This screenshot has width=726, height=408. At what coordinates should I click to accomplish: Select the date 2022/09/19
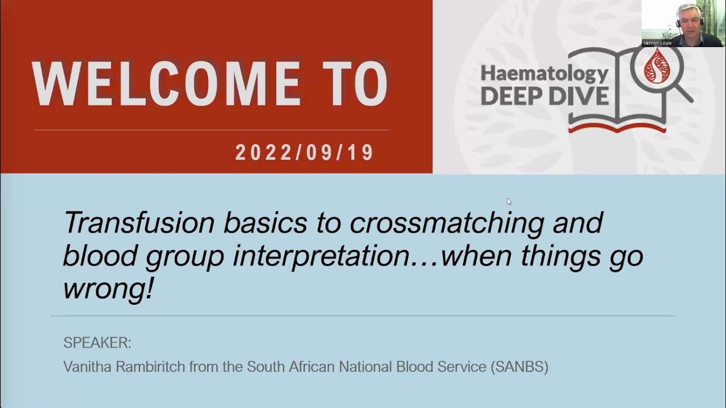[305, 153]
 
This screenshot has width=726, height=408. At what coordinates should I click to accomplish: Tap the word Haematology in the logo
[544, 74]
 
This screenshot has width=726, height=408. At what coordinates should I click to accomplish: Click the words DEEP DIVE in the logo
[544, 95]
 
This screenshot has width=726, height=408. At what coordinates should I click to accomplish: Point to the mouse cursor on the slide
[509, 201]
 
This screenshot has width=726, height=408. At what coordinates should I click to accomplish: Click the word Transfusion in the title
[139, 223]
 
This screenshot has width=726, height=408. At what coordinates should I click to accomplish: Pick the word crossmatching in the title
[447, 224]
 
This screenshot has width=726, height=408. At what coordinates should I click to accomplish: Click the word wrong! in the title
[108, 288]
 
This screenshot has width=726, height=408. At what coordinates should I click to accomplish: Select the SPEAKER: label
[97, 343]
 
